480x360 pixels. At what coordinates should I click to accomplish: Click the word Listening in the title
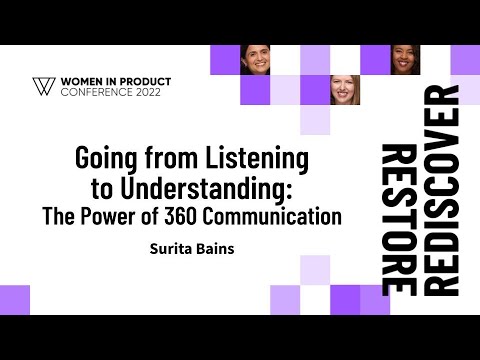[259, 159]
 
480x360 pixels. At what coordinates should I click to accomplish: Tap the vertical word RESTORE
[398, 217]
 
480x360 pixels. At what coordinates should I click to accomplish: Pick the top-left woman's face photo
[254, 60]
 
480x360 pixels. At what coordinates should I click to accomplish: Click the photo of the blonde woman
[344, 90]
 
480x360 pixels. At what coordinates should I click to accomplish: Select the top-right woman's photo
[404, 60]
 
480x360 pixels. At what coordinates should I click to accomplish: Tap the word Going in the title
[104, 159]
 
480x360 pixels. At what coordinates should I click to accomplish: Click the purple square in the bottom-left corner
[15, 300]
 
